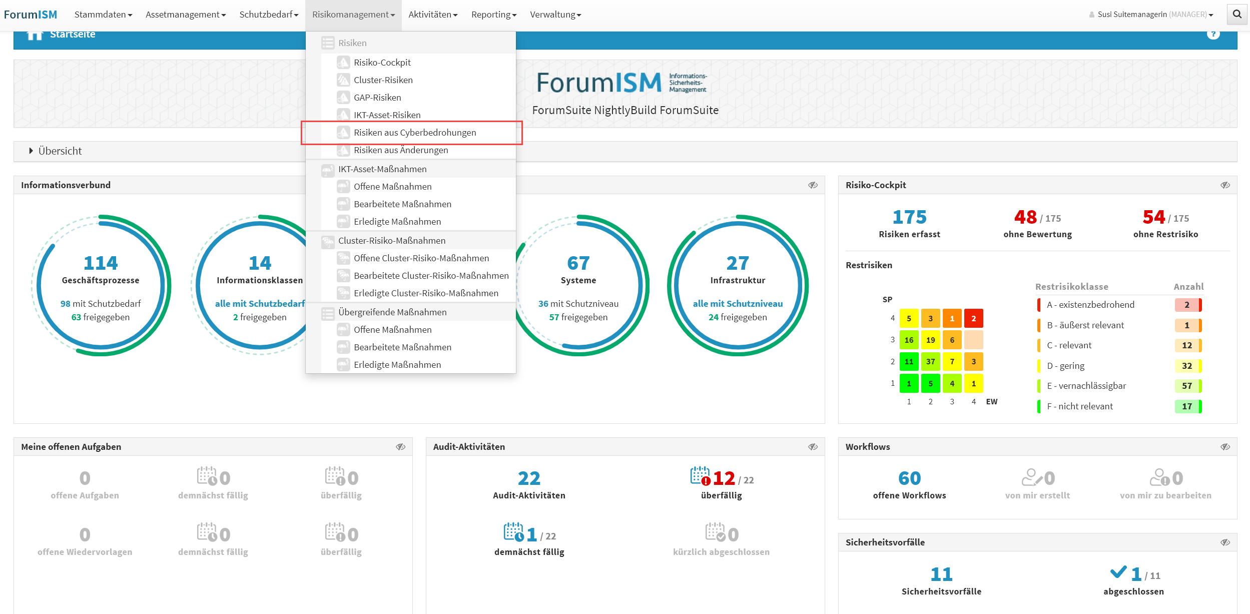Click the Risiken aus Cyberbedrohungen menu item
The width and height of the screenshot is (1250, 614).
click(x=414, y=133)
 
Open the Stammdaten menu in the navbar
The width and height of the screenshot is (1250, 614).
click(x=103, y=15)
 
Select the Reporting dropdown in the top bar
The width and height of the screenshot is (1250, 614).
click(x=493, y=15)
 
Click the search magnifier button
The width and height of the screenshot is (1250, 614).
click(x=1237, y=14)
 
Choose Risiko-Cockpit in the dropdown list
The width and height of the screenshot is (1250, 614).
click(x=382, y=63)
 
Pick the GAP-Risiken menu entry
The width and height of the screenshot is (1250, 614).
click(x=377, y=98)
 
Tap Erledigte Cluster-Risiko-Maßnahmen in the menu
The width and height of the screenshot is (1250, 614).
click(x=425, y=293)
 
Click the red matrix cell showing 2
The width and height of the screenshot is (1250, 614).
click(x=973, y=318)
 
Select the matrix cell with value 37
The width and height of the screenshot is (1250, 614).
click(x=930, y=361)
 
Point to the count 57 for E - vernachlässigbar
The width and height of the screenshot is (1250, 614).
click(x=1187, y=386)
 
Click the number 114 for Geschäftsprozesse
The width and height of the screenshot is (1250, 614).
click(x=101, y=263)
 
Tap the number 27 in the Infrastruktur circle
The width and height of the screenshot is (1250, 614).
click(x=738, y=263)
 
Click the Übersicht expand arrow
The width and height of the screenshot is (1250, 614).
click(x=31, y=151)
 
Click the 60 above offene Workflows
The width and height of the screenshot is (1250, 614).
click(x=909, y=478)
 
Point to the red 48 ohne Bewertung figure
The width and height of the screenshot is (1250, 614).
click(x=1025, y=217)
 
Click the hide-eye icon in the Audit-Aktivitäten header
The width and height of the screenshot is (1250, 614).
click(x=813, y=447)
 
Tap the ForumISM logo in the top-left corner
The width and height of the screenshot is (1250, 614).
click(x=31, y=15)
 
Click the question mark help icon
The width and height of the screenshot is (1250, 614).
click(x=1213, y=34)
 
